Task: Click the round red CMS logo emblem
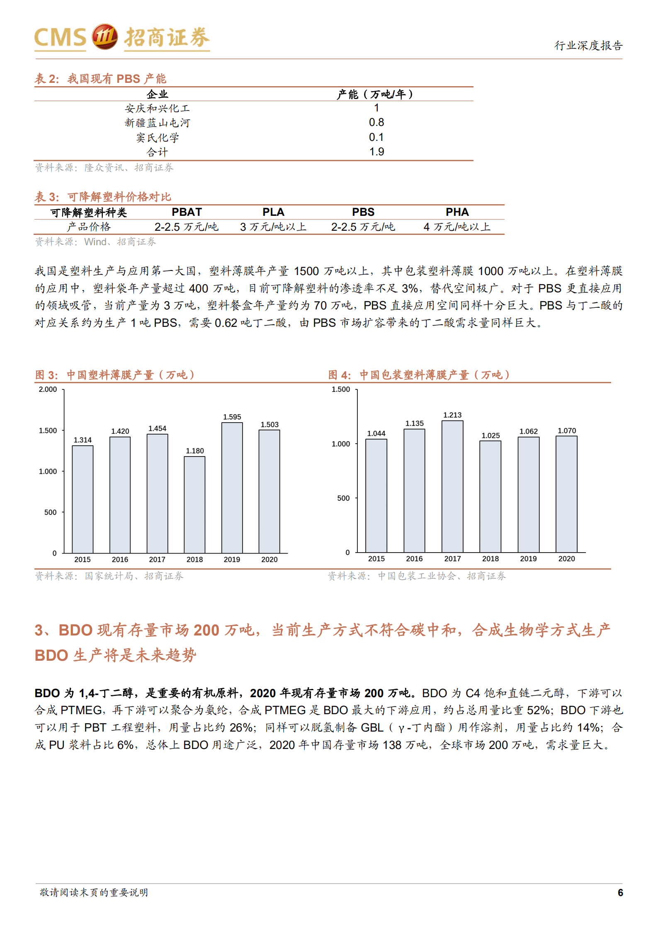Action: [104, 36]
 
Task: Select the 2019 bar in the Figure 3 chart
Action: [232, 487]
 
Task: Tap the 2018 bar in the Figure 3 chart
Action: [194, 504]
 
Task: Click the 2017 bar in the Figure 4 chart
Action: [452, 486]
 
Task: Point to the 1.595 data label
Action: [232, 417]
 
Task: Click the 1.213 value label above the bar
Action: [452, 415]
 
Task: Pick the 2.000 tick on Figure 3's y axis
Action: [48, 389]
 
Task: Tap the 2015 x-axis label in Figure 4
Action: [376, 558]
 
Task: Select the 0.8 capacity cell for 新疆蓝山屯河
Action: [376, 122]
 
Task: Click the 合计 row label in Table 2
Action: [157, 152]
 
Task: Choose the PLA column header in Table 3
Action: [273, 212]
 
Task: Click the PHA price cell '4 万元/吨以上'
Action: [457, 227]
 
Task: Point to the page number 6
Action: [620, 892]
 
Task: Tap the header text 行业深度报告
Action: [588, 45]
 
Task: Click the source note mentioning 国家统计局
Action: [109, 576]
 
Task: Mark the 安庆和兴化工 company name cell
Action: [157, 108]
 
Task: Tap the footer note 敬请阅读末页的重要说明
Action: [94, 892]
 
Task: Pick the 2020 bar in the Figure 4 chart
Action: [566, 494]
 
